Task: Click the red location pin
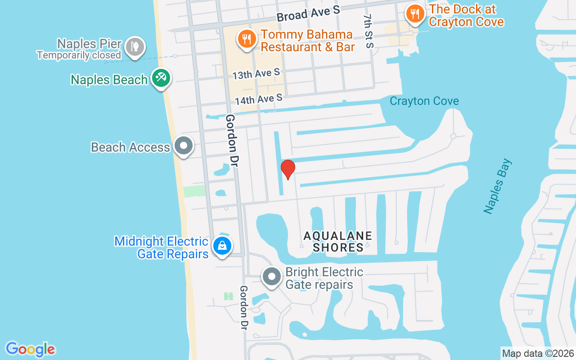(288, 169)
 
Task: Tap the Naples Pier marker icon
(135, 46)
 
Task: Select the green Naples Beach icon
(160, 78)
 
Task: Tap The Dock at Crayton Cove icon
(414, 14)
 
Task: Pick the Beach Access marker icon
(183, 146)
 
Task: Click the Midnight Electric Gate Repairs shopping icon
(222, 246)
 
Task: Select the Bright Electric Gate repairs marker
(272, 277)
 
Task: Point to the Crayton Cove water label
(424, 101)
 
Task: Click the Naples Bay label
(498, 186)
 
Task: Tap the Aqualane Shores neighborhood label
(338, 241)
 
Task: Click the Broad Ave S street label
(308, 14)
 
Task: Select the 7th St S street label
(369, 31)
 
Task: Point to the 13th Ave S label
(256, 73)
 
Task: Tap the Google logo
(30, 349)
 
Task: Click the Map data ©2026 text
(538, 353)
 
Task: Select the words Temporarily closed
(79, 55)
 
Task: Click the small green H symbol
(228, 296)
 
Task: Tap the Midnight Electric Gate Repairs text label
(161, 247)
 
